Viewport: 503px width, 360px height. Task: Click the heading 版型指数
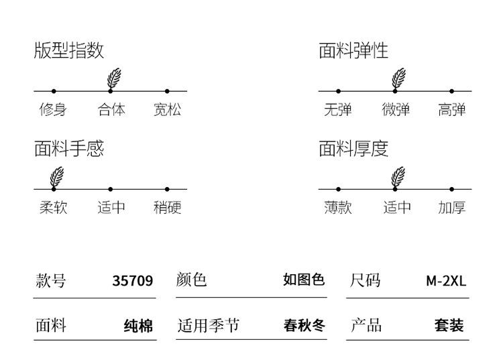click(x=69, y=50)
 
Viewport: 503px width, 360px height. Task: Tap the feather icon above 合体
click(x=114, y=78)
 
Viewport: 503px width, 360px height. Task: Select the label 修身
click(x=53, y=110)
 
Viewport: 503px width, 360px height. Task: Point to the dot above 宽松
click(x=167, y=91)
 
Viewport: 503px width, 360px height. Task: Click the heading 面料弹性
click(x=353, y=50)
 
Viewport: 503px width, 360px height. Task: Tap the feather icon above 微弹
click(x=398, y=78)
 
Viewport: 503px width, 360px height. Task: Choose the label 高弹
click(x=451, y=110)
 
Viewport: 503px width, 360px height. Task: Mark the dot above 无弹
click(x=339, y=91)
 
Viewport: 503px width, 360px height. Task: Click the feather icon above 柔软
click(x=57, y=176)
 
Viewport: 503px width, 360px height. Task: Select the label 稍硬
click(x=167, y=207)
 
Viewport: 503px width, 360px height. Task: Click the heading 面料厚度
click(x=353, y=149)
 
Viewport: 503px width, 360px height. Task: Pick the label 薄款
click(x=338, y=207)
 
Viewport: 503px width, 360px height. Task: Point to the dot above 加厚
click(x=451, y=190)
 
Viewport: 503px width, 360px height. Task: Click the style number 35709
click(x=133, y=281)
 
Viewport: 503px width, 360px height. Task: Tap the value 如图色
click(x=304, y=280)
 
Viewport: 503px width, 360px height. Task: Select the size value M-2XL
click(x=446, y=281)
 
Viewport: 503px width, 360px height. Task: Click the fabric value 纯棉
click(x=139, y=326)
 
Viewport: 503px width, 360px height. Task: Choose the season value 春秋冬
click(x=304, y=325)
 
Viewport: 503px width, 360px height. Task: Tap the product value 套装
click(x=449, y=325)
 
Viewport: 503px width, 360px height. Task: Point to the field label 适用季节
click(x=209, y=325)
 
